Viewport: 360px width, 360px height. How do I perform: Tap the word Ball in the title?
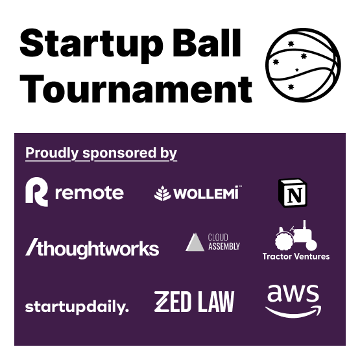(207, 43)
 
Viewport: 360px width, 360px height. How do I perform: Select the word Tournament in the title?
(136, 89)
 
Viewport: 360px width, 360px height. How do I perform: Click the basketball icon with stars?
(303, 65)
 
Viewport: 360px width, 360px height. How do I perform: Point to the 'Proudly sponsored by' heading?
(101, 153)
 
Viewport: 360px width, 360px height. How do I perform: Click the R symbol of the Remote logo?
(37, 192)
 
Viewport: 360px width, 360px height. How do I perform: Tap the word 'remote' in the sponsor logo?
(90, 193)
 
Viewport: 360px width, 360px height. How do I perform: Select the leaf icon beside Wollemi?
(163, 193)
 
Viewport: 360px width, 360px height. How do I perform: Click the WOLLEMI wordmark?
(206, 193)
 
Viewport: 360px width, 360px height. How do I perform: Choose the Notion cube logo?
(293, 193)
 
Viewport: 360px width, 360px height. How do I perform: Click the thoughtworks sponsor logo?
(92, 248)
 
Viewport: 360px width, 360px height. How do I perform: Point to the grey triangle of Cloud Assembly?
(195, 242)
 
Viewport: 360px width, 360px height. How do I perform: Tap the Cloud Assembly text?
(224, 242)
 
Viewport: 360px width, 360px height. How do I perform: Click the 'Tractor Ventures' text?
(296, 256)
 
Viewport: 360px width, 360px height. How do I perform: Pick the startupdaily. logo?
(77, 307)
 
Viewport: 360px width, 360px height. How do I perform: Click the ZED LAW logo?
(194, 302)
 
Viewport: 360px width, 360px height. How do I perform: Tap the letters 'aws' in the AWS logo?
(293, 293)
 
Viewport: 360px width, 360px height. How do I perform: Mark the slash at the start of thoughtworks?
(32, 247)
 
